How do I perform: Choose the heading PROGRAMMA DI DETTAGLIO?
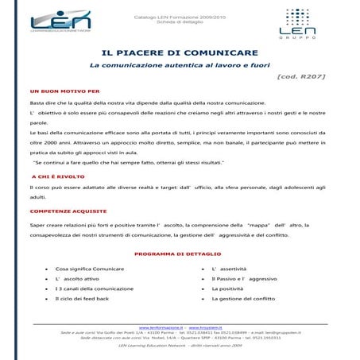pyautogui.click(x=179, y=254)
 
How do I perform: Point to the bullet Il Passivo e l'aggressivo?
pyautogui.click(x=244, y=279)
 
